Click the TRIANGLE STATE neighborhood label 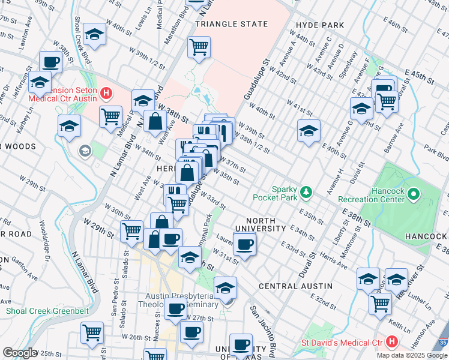pyautogui.click(x=231, y=25)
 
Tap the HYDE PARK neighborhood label pyautogui.click(x=320, y=25)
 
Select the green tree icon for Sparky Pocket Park pyautogui.click(x=307, y=191)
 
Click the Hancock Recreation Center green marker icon pyautogui.click(x=414, y=194)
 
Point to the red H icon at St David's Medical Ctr pyautogui.click(x=393, y=343)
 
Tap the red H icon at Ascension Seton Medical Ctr pyautogui.click(x=106, y=93)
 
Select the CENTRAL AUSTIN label pyautogui.click(x=295, y=286)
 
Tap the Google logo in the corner pyautogui.click(x=20, y=353)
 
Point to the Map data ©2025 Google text pyautogui.click(x=412, y=355)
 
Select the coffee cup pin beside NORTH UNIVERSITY pyautogui.click(x=244, y=244)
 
